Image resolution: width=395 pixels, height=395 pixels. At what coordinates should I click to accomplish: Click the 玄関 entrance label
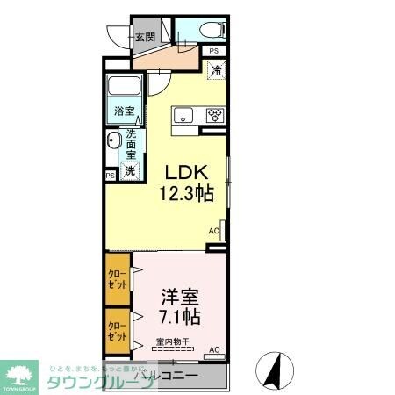[x=145, y=37]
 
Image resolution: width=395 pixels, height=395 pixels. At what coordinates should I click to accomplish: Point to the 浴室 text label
[x=124, y=111]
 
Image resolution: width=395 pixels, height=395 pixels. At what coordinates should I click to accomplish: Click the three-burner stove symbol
[x=214, y=115]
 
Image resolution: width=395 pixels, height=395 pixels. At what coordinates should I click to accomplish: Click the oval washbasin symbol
[x=113, y=142]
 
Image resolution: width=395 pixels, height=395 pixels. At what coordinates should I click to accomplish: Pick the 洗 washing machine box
[x=129, y=171]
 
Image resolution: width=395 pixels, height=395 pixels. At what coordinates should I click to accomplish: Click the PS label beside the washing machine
[x=110, y=176]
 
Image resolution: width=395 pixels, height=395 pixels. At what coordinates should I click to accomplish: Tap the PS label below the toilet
[x=213, y=51]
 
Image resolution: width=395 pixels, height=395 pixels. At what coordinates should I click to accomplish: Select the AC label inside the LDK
[x=213, y=231]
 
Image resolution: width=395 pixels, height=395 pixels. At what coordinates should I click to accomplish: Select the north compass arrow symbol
[x=272, y=370]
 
